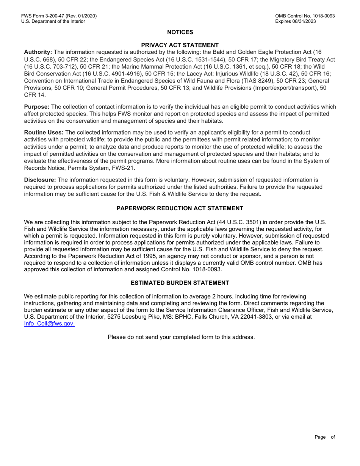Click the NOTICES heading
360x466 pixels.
pos(180,32)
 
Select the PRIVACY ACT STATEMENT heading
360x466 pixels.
pos(180,45)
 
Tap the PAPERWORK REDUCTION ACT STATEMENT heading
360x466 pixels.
pos(180,208)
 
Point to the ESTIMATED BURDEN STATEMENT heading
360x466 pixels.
pos(180,283)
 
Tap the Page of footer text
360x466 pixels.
pos(325,437)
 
